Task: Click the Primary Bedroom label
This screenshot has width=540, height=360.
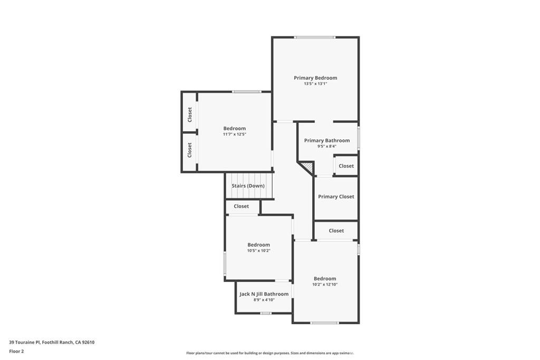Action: pyautogui.click(x=315, y=78)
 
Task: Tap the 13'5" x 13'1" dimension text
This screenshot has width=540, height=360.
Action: pyautogui.click(x=315, y=84)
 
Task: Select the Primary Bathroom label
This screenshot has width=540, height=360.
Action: pyautogui.click(x=327, y=141)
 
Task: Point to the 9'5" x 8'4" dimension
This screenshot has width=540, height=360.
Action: pyautogui.click(x=327, y=147)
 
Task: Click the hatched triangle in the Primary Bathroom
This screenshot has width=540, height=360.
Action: pyautogui.click(x=308, y=168)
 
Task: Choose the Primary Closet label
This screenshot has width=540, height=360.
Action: pyautogui.click(x=336, y=197)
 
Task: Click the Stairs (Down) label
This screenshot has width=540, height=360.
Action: pyautogui.click(x=248, y=186)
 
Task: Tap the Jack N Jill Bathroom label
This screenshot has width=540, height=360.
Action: pyautogui.click(x=264, y=294)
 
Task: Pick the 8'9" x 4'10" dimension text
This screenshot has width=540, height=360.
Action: pyautogui.click(x=264, y=300)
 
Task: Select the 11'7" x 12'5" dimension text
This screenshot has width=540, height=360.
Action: pyautogui.click(x=235, y=134)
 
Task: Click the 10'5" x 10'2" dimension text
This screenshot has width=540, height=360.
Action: pyautogui.click(x=259, y=251)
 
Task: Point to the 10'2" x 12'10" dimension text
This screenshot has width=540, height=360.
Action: pyautogui.click(x=325, y=285)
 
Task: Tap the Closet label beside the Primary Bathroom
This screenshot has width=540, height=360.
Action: pyautogui.click(x=346, y=166)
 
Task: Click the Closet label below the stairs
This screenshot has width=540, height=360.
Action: pyautogui.click(x=242, y=207)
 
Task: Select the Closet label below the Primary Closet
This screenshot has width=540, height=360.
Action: pyautogui.click(x=336, y=231)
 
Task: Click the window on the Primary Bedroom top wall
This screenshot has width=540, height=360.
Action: pyautogui.click(x=314, y=37)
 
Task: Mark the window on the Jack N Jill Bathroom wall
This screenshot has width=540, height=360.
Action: pyautogui.click(x=266, y=313)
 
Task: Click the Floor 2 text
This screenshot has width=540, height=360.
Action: pyautogui.click(x=16, y=351)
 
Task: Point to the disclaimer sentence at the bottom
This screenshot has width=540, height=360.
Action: pyautogui.click(x=269, y=353)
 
